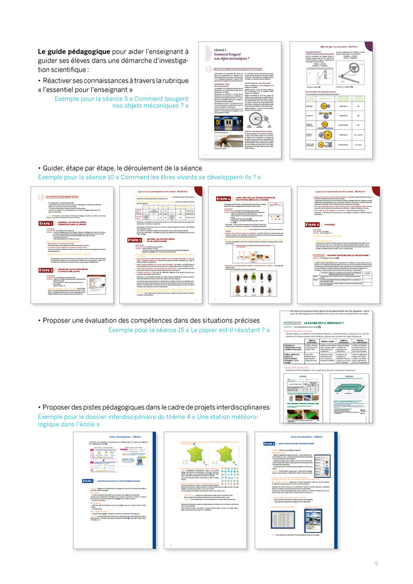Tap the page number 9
376,564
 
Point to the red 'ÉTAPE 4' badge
223,199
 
